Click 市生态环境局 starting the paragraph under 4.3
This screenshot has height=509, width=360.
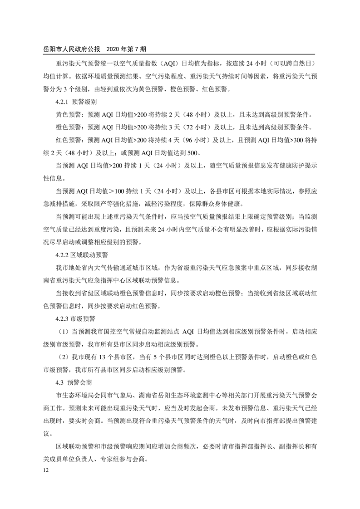(x=72, y=395)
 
